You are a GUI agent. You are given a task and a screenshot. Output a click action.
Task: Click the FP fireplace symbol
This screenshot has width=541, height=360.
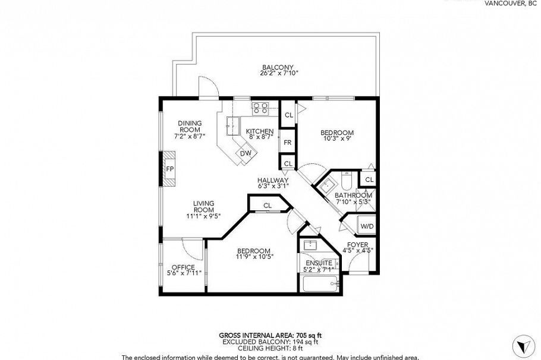169,169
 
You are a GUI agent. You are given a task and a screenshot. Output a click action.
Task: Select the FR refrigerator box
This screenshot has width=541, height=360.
287,143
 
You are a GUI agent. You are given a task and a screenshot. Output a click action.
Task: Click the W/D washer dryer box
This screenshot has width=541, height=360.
367,226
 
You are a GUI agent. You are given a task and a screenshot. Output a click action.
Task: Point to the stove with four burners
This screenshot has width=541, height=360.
260,108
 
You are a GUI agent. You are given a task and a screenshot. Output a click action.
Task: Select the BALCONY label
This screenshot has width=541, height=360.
278,67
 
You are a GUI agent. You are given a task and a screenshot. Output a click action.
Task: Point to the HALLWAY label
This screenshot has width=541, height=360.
273,181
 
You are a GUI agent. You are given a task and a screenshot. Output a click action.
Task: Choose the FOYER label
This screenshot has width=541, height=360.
357,245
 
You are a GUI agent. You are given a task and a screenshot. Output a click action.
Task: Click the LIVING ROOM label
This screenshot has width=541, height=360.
203,206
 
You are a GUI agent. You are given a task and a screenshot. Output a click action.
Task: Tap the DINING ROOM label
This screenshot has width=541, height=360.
190,126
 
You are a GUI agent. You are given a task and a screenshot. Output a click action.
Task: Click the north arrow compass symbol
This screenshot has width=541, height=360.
521,345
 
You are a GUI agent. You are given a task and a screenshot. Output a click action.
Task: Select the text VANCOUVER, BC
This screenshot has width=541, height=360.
511,3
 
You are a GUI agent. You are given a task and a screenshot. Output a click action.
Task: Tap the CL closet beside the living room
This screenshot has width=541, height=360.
268,206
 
